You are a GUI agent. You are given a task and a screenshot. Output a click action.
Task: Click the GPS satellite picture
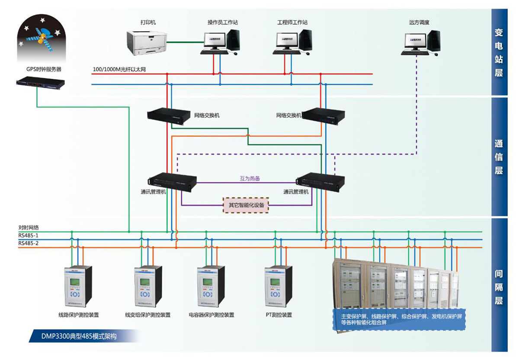pyautogui.click(x=42, y=39)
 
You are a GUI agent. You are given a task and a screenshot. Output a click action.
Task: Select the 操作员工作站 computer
pyautogui.click(x=220, y=42)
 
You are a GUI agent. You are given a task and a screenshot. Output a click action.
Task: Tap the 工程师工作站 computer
pyautogui.click(x=293, y=42)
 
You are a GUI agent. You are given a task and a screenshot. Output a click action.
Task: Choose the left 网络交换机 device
pyautogui.click(x=169, y=116)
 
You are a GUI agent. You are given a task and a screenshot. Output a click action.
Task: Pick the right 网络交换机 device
pyautogui.click(x=324, y=116)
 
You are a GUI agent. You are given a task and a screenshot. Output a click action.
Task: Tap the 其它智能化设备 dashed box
pyautogui.click(x=246, y=205)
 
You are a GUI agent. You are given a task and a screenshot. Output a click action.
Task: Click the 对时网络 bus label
pyautogui.click(x=29, y=228)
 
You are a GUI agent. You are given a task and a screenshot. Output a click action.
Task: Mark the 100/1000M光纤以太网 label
pyautogui.click(x=119, y=69)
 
